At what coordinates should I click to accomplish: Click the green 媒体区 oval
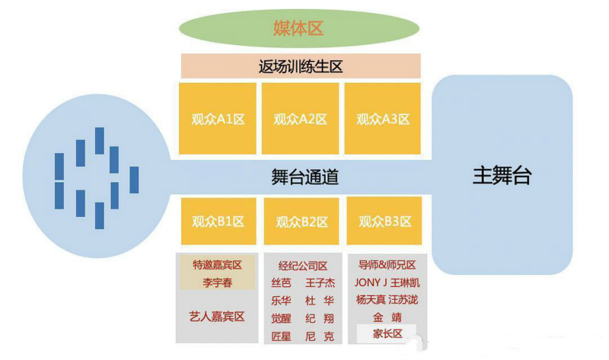coord(298,28)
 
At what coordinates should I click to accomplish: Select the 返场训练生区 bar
coord(300,66)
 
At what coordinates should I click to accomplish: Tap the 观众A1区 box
coord(217,118)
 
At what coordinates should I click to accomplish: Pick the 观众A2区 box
coord(300,118)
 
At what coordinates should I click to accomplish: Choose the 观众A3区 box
coord(383,118)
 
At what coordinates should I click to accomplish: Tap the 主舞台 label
coord(502,177)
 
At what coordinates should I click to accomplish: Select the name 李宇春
coord(218,282)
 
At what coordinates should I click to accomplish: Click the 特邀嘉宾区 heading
coord(218,265)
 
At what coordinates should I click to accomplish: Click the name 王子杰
coord(320,283)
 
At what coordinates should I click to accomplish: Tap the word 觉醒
coord(280,317)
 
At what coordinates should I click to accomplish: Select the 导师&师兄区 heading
coord(387,265)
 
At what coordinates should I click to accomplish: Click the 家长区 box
coord(387,333)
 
